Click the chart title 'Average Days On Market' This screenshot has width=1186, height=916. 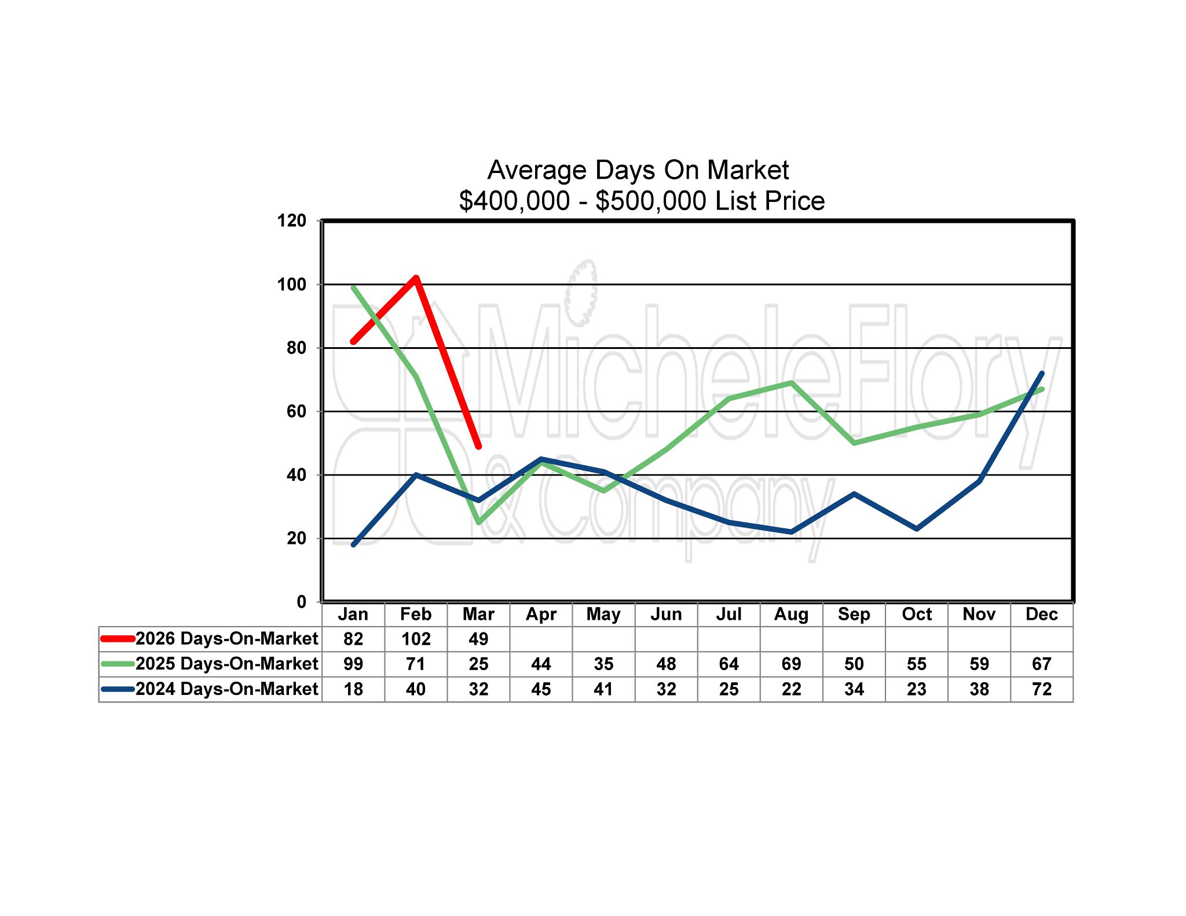638,170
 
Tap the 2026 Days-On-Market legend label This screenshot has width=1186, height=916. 226,638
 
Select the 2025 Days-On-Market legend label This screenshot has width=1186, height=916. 226,664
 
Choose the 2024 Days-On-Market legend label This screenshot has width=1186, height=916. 226,689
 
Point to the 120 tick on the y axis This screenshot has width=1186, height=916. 292,220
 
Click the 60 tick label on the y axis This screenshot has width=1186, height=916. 296,411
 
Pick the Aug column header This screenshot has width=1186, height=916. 791,614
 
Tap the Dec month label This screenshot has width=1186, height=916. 1041,614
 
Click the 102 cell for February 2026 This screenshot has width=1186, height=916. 416,639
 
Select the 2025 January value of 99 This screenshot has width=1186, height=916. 353,664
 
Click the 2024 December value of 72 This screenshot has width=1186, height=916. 1041,689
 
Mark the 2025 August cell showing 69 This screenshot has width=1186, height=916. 791,664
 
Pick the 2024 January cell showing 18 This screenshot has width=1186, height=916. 353,689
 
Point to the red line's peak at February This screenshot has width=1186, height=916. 416,278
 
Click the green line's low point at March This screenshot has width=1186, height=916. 478,523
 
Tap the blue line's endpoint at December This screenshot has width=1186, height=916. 1042,373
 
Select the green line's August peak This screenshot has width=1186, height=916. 791,382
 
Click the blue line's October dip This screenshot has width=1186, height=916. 917,529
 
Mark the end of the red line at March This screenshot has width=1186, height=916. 478,446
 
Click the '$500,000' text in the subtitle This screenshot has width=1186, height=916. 651,201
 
